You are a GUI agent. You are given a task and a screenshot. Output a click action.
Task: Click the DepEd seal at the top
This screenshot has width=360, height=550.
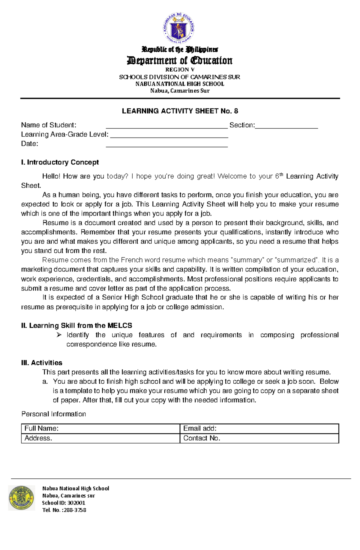(179, 29)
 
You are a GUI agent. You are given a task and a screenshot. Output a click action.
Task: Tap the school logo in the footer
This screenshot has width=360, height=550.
(21, 498)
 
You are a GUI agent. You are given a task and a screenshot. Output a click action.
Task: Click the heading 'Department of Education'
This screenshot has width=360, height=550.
(180, 61)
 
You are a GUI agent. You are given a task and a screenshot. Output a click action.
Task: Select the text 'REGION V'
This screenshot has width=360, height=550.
(180, 70)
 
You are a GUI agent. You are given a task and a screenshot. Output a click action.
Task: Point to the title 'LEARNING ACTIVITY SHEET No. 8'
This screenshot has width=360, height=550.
(180, 111)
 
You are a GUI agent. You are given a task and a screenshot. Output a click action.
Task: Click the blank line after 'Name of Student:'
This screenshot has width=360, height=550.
(167, 127)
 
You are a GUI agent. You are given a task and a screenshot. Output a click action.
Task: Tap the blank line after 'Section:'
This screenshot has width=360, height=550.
(286, 127)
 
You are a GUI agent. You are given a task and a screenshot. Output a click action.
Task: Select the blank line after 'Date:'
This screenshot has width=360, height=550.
(167, 146)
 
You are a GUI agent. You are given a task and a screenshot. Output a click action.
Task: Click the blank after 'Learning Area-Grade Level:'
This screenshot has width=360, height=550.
(169, 136)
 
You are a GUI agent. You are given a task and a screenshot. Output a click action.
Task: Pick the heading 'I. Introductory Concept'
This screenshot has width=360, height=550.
(60, 162)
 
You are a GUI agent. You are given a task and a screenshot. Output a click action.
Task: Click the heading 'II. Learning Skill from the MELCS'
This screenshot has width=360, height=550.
(76, 326)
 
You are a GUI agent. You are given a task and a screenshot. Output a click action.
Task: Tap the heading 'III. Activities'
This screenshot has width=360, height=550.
(42, 363)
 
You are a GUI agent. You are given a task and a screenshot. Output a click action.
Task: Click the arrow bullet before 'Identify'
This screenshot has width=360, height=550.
(59, 335)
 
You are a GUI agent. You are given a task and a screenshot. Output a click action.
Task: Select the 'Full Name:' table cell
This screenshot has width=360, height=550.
(100, 429)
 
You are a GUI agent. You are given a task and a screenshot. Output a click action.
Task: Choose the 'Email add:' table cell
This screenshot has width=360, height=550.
(259, 429)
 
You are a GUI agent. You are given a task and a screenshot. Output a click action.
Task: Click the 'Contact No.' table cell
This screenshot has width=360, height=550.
(259, 438)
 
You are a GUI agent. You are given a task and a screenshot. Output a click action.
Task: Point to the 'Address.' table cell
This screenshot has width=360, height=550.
(100, 438)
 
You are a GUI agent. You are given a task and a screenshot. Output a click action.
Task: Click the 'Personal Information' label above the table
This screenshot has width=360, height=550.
(54, 414)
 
